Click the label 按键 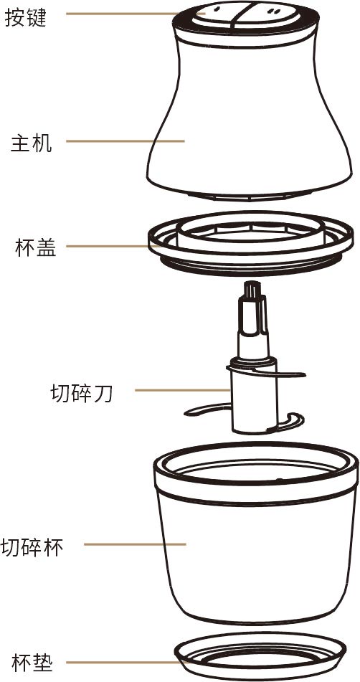(x=25, y=18)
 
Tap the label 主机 (x=31, y=143)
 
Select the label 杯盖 (x=35, y=247)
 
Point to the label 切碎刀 (x=82, y=394)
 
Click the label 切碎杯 (x=32, y=547)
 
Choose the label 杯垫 (x=32, y=663)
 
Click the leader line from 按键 (x=136, y=14)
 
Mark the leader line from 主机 (x=125, y=141)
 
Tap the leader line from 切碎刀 (x=183, y=390)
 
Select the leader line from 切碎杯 (x=135, y=544)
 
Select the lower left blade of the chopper (x=206, y=409)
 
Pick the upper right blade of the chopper (x=290, y=373)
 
